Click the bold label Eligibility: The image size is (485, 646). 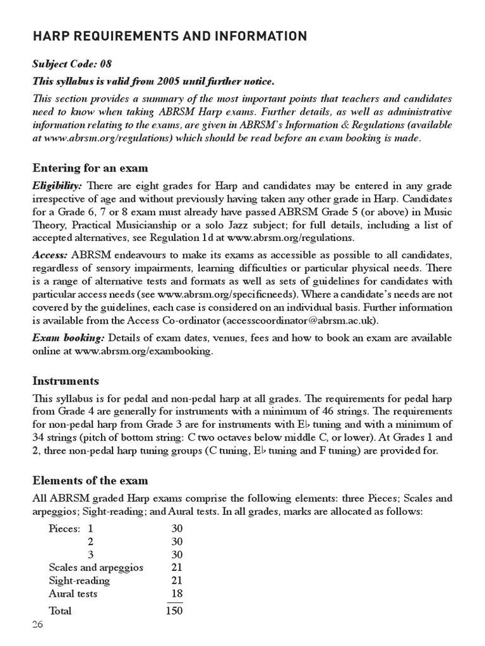(57, 185)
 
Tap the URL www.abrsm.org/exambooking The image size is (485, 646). (143, 351)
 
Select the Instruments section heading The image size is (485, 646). (65, 381)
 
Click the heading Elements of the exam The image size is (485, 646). (90, 481)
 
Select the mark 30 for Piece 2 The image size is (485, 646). (177, 541)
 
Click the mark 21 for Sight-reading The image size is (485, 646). (177, 580)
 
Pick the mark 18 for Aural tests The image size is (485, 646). (177, 594)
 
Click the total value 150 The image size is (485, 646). (174, 611)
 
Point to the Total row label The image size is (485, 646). (60, 611)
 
